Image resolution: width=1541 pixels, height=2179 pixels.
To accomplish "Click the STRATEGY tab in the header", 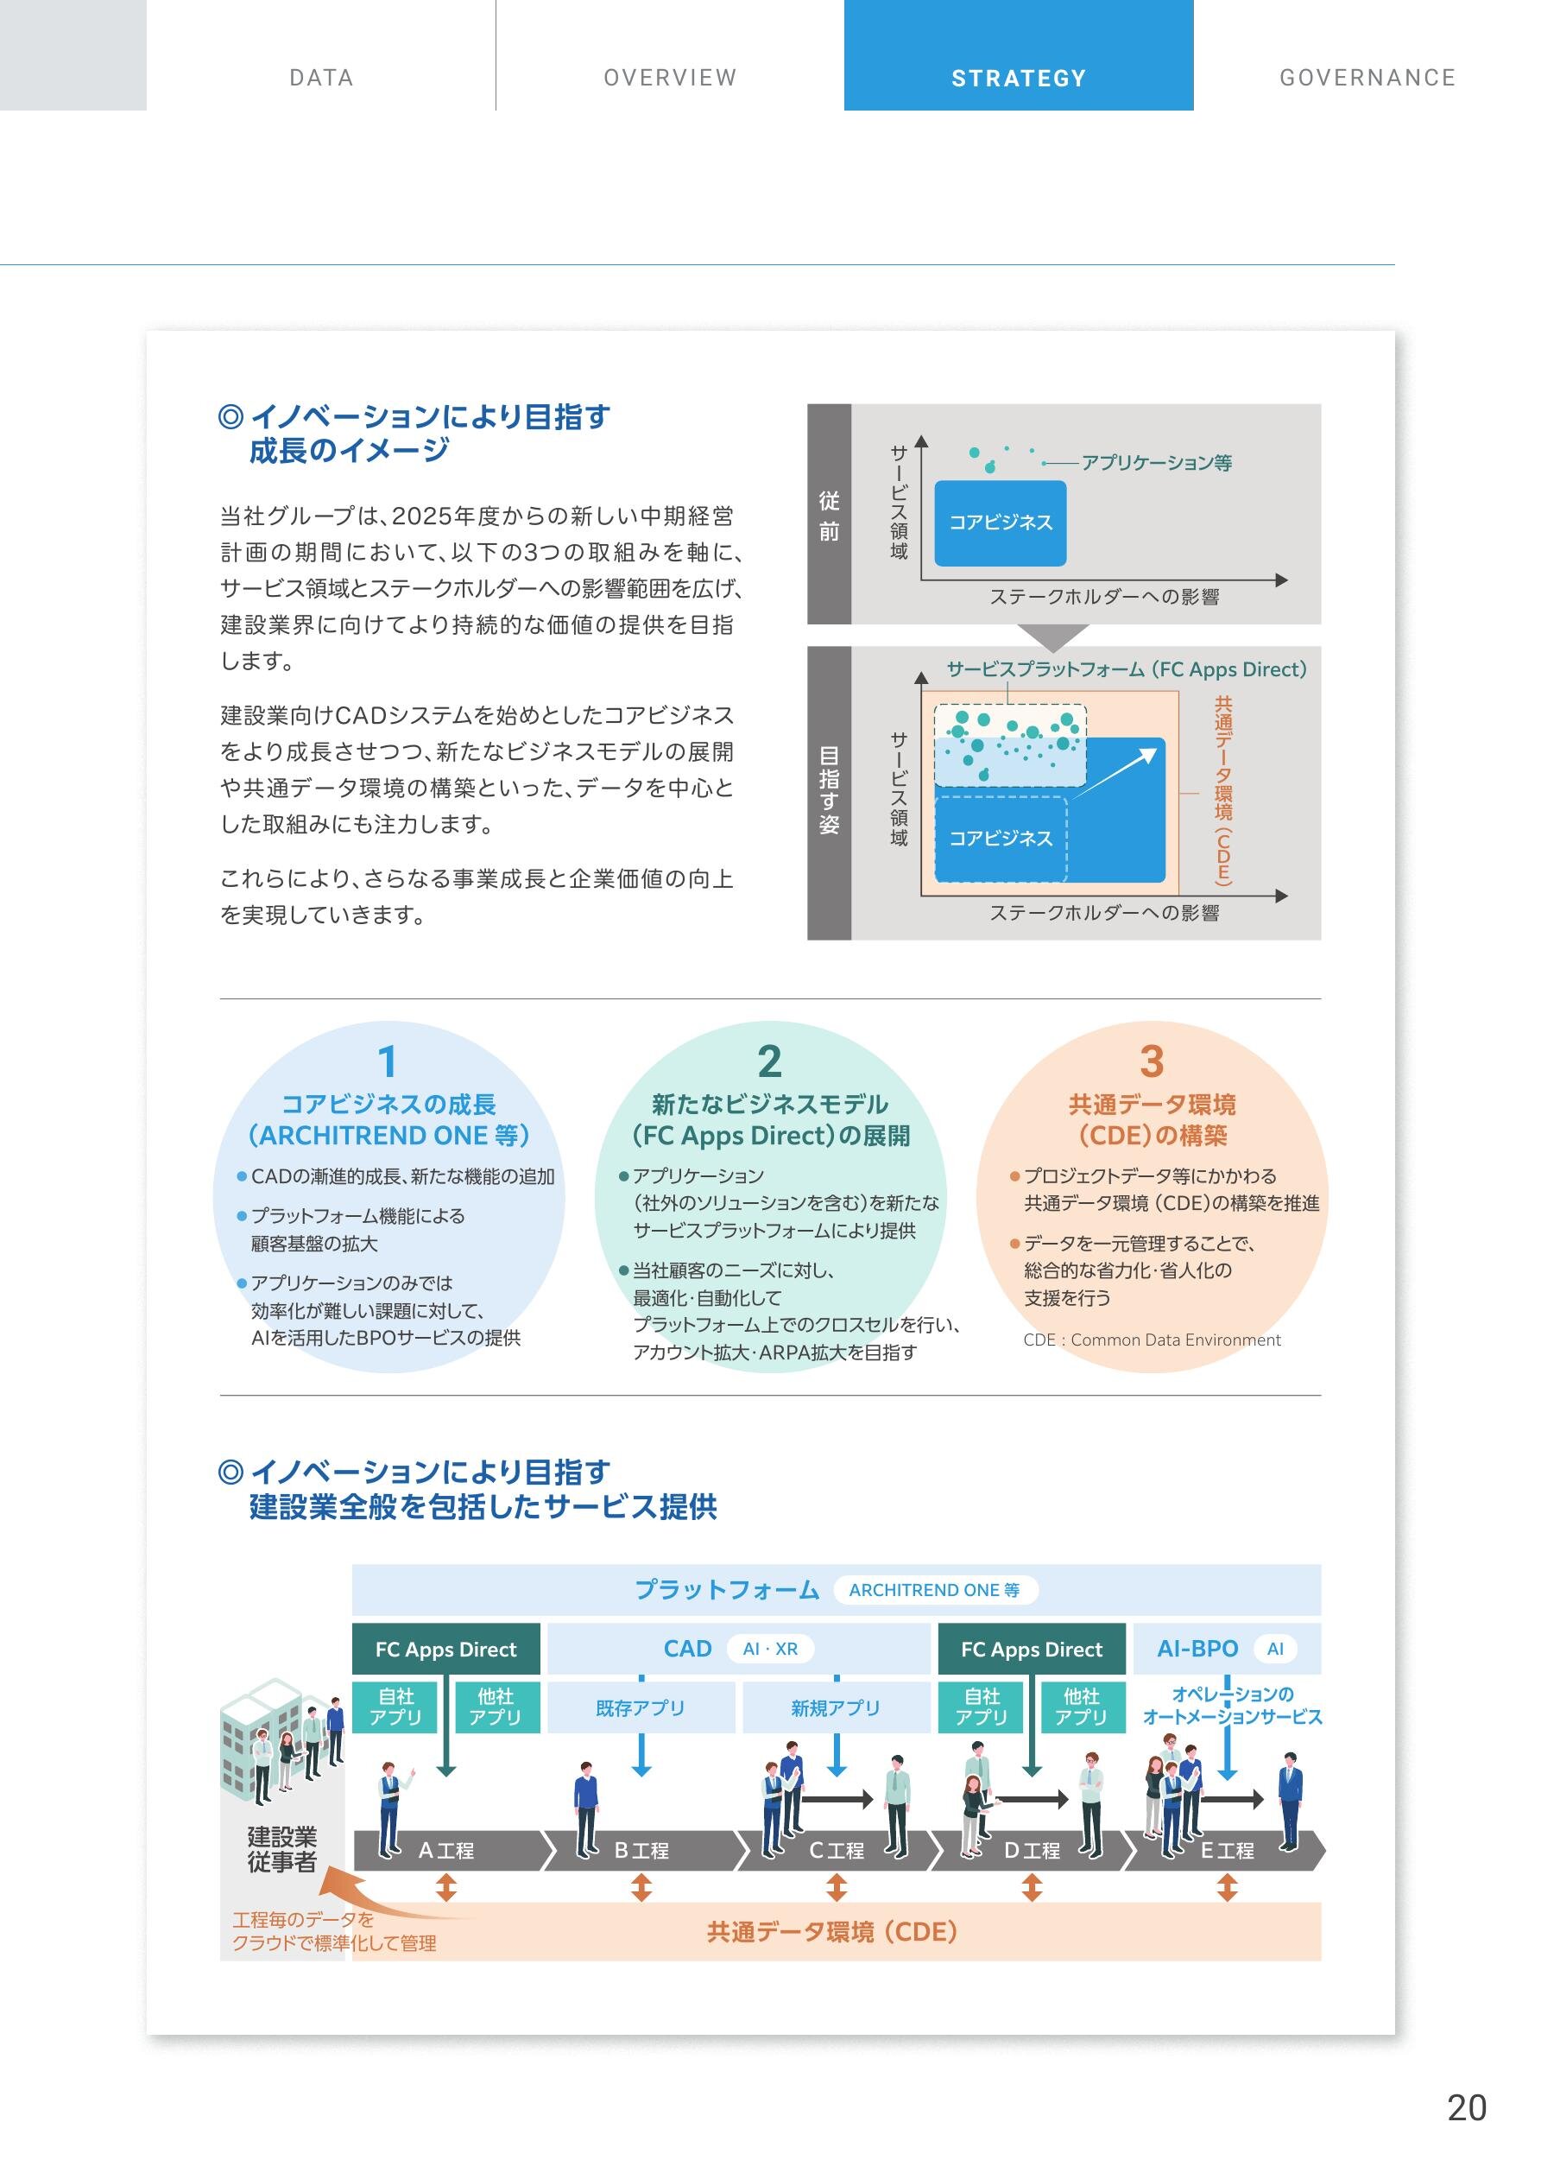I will (x=1018, y=78).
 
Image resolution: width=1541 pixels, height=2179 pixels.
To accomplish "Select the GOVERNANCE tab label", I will (x=1367, y=78).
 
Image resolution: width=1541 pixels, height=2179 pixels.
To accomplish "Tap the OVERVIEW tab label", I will (x=670, y=78).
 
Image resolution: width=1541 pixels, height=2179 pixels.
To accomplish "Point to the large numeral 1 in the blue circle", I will (x=387, y=1061).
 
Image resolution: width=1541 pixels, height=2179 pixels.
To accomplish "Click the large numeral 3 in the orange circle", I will (x=1151, y=1061).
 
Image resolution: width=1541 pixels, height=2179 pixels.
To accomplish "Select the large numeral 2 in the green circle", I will (x=769, y=1061).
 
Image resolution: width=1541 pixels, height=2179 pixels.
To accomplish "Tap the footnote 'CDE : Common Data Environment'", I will (x=1151, y=1340).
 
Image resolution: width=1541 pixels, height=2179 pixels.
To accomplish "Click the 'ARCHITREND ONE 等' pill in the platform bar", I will (x=935, y=1590).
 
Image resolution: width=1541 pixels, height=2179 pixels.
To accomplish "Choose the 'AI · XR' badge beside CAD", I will (x=770, y=1649).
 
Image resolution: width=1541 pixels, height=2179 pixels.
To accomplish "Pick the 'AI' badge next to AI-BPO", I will (x=1274, y=1649).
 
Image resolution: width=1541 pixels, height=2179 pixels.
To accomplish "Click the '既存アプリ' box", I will (x=641, y=1707).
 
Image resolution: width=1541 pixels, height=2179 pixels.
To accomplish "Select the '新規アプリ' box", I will (x=836, y=1707).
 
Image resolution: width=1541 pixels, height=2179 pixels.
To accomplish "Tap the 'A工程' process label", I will (x=446, y=1850).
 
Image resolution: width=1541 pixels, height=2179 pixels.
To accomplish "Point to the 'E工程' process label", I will (x=1227, y=1850).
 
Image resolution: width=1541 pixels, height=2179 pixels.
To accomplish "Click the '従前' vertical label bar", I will (x=830, y=515).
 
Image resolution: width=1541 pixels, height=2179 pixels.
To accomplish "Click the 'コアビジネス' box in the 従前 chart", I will (x=1000, y=523).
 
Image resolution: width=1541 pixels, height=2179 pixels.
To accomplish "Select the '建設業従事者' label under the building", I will (x=281, y=1849).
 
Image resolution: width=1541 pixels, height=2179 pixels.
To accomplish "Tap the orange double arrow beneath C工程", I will (x=836, y=1887).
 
